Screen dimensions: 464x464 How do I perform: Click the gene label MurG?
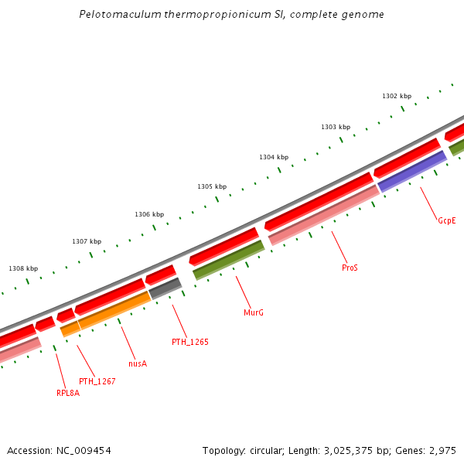254,312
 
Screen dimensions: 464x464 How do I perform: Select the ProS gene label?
350,268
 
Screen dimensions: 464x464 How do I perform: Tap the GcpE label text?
447,220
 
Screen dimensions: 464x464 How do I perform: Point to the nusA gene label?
138,363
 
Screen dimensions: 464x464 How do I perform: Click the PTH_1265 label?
190,341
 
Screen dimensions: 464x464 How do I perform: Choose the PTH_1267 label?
97,381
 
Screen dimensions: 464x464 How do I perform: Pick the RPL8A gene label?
68,393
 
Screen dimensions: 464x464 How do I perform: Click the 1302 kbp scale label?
396,96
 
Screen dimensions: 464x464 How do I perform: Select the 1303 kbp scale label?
336,127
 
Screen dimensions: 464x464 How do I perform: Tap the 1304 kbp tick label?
274,157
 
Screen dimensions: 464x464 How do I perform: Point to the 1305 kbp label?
212,186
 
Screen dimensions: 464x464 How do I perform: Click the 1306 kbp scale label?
149,214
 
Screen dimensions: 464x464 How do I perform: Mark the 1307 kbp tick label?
87,241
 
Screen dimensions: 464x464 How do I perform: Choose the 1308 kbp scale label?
23,268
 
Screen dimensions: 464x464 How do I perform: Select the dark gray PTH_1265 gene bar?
165,288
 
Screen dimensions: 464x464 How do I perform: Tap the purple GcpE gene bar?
412,171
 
